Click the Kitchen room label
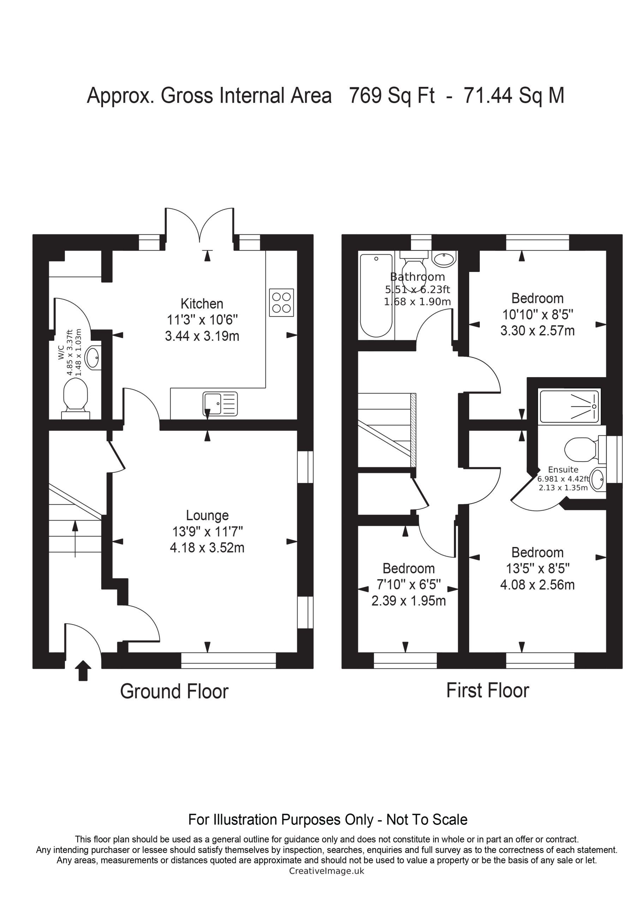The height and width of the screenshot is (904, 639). pos(202,304)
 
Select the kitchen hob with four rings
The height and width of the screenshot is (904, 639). pos(281,302)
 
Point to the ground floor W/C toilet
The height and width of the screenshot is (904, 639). pos(76,398)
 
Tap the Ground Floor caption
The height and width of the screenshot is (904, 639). pos(174,691)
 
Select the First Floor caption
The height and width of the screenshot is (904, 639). pos(488,690)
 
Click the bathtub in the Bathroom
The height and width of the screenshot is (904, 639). pos(376,295)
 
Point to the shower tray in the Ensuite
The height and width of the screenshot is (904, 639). pos(569,406)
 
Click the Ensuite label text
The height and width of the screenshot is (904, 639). pos(563,469)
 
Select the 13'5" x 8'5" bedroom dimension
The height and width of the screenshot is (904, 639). pos(538,568)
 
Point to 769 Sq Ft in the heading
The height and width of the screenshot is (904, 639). pos(392,95)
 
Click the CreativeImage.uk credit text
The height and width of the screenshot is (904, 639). pos(327,871)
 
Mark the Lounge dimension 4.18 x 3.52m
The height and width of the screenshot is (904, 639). pos(207,548)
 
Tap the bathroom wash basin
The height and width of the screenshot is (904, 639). pos(444,259)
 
